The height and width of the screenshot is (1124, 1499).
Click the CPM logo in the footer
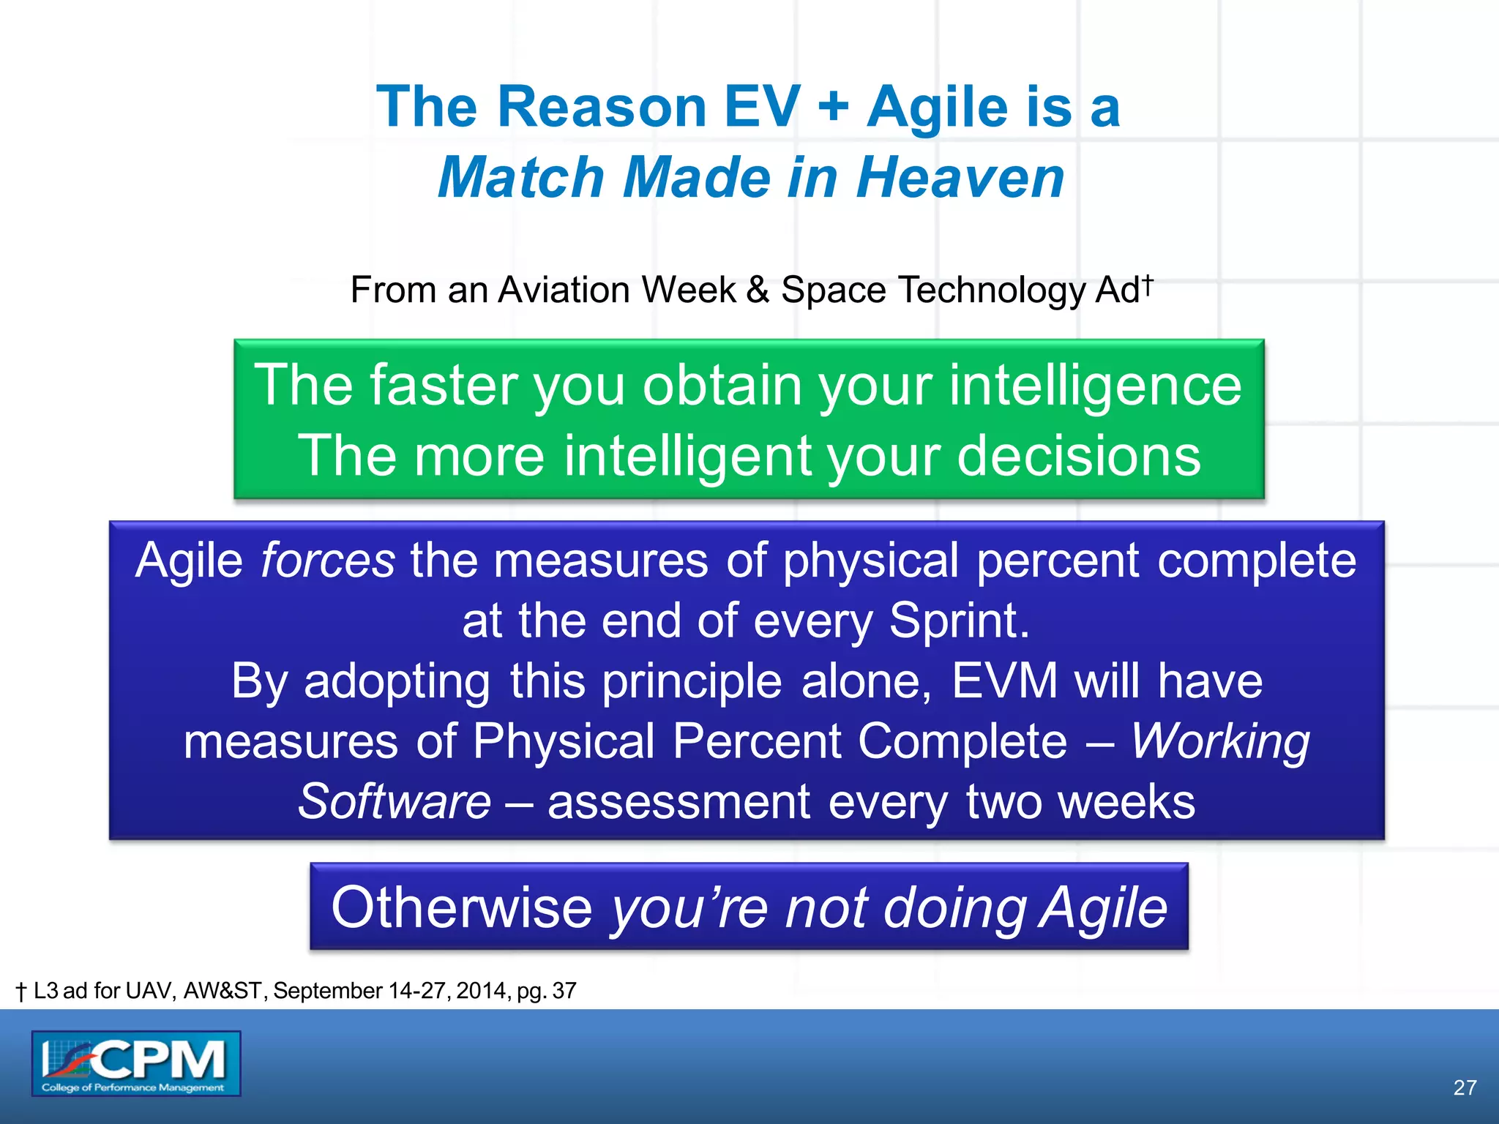(x=136, y=1063)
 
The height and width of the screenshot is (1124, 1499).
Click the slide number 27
(x=1465, y=1087)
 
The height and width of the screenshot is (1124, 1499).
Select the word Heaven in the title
(x=960, y=178)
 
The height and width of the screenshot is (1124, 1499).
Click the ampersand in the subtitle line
(x=758, y=290)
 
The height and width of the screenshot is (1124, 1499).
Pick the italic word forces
(x=328, y=561)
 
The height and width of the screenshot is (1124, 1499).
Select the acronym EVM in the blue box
(x=1004, y=681)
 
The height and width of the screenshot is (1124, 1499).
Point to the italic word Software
(x=395, y=802)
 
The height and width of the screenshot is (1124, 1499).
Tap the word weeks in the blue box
(x=1127, y=802)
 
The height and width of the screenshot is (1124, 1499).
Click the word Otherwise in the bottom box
(x=461, y=908)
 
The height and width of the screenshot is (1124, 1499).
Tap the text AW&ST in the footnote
(x=223, y=991)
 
